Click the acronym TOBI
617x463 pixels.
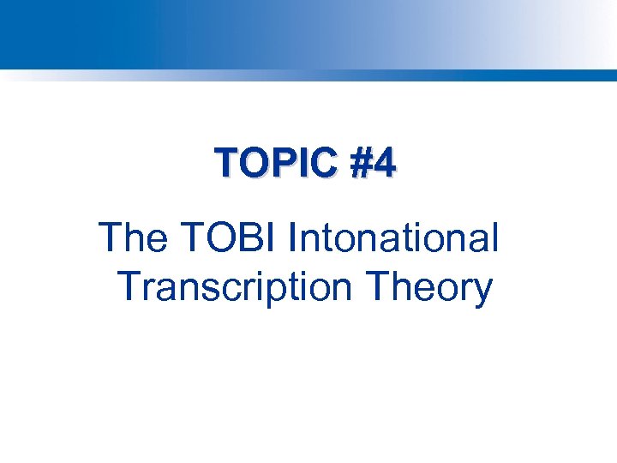click(x=231, y=238)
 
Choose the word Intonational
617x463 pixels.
click(x=393, y=238)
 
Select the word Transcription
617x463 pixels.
click(x=236, y=288)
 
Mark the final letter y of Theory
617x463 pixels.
click(x=482, y=292)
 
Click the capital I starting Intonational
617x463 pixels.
click(x=293, y=238)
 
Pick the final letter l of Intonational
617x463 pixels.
click(x=494, y=238)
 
